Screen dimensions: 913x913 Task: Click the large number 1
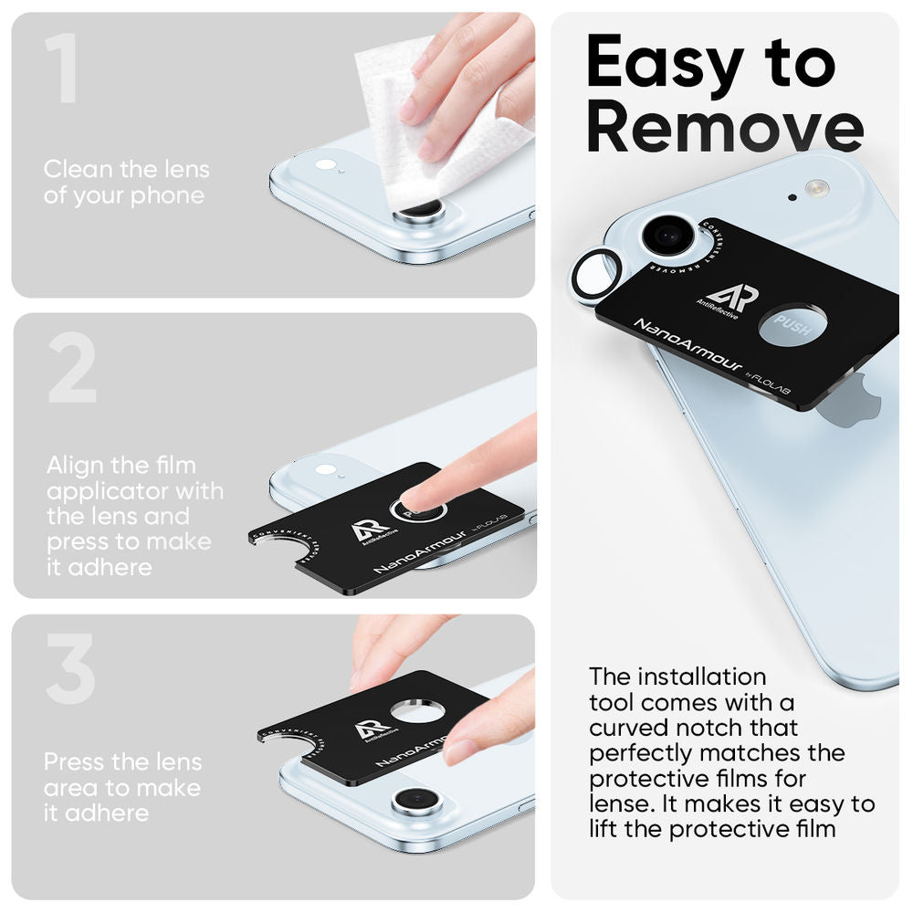(x=62, y=70)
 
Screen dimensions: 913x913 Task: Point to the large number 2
(x=72, y=369)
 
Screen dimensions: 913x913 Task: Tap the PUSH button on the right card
(x=792, y=326)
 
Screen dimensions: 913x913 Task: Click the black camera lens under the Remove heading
(x=667, y=235)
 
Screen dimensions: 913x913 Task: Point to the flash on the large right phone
(x=816, y=189)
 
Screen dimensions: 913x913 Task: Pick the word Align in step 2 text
(x=75, y=466)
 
